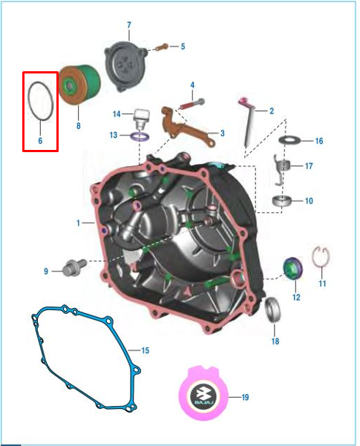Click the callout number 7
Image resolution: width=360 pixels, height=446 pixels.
pos(129,25)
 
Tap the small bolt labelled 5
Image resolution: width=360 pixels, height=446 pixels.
pos(163,47)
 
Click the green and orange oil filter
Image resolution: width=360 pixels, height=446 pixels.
pos(79,85)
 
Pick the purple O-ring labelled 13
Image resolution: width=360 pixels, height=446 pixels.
pos(140,137)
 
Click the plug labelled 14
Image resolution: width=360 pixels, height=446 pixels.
pos(142,117)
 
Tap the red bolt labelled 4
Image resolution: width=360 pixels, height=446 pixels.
pos(192,104)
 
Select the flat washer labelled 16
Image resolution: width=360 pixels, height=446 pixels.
pos(290,140)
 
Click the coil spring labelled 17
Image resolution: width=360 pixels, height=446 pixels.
pos(281,169)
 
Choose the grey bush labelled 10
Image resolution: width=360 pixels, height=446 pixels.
pos(282,201)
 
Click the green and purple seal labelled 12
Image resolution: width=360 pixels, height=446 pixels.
pos(292,268)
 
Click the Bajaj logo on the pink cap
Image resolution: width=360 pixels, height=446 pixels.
pos(204,396)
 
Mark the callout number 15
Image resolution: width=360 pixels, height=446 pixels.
pos(145,350)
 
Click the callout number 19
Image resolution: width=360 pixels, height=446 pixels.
pos(245,397)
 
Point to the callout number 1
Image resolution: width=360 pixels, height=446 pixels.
pos(78,223)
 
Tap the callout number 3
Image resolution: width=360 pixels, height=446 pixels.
pos(223,133)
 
